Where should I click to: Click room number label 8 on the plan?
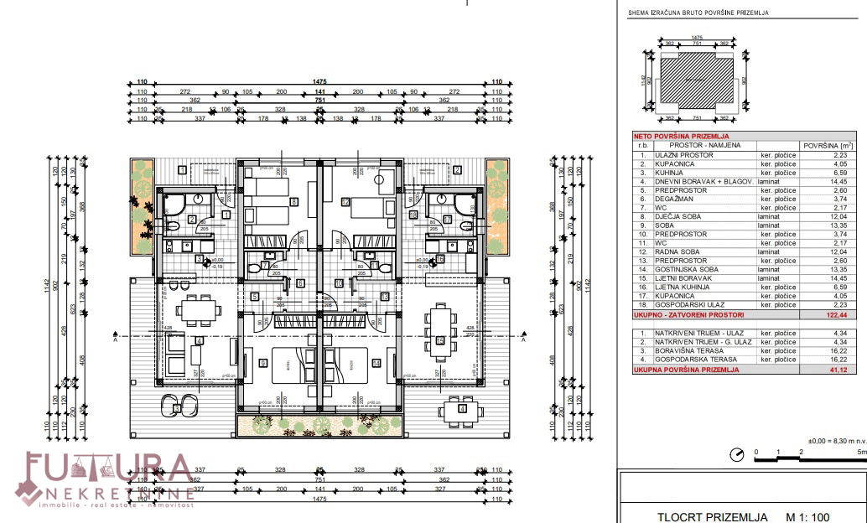coord(293,201)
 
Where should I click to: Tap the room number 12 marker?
coord(345,201)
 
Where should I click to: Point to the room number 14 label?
coord(376,363)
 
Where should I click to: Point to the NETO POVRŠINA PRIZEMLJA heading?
coord(681,136)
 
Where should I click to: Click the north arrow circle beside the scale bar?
coord(737,455)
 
